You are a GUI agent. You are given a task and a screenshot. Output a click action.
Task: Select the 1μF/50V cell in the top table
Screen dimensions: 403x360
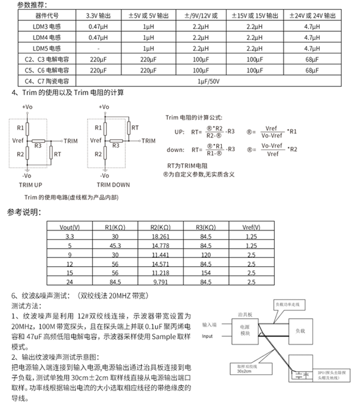pyautogui.click(x=209, y=81)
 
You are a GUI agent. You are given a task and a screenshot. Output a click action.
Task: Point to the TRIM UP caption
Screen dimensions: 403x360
pyautogui.click(x=31, y=185)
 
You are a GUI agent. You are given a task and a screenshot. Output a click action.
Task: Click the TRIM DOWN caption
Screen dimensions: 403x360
pyautogui.click(x=113, y=185)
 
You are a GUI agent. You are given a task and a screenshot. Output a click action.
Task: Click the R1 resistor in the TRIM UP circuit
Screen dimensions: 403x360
pyautogui.click(x=27, y=127)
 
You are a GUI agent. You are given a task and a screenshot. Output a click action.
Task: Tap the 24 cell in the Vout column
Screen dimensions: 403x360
pyautogui.click(x=70, y=282)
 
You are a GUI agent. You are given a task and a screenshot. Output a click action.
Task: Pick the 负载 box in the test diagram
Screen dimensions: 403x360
pyautogui.click(x=300, y=330)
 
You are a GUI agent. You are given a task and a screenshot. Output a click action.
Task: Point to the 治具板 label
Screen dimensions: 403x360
pyautogui.click(x=246, y=314)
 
